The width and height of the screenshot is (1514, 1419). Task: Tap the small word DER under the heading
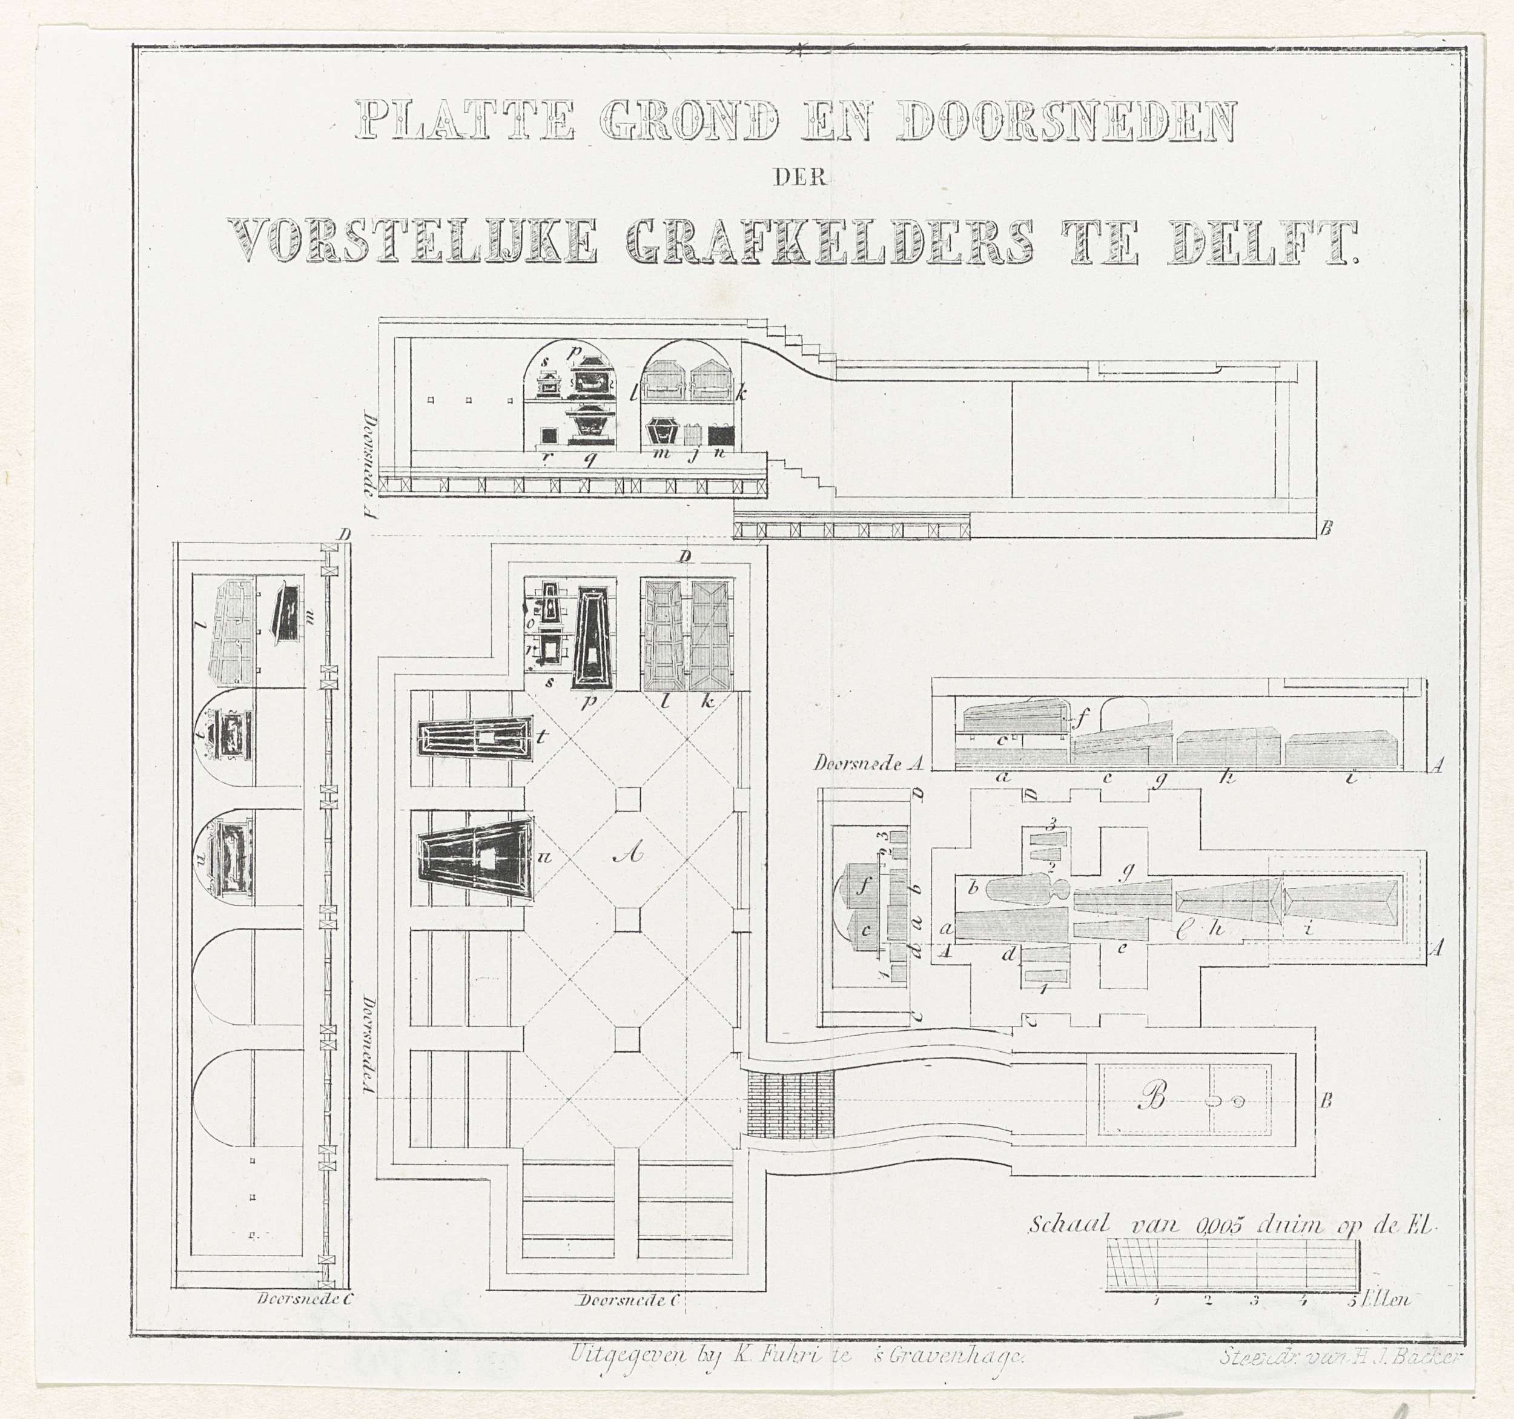click(799, 178)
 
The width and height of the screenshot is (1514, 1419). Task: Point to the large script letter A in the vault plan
click(627, 854)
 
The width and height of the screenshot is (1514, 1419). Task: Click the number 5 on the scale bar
click(1352, 1321)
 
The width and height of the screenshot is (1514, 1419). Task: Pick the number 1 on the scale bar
click(1156, 1321)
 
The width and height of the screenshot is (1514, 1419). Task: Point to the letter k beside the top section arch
click(741, 393)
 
